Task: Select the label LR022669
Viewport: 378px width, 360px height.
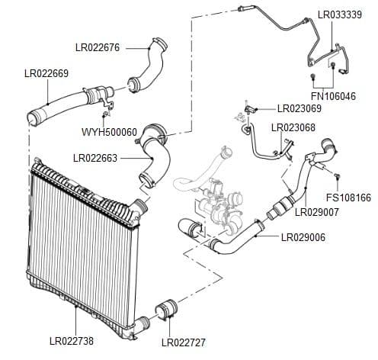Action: tap(47, 73)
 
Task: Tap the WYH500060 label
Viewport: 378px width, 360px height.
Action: tap(109, 132)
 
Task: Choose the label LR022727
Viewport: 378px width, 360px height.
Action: tap(184, 342)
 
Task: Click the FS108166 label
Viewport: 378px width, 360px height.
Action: tap(353, 198)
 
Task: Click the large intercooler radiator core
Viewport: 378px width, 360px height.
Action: tap(76, 244)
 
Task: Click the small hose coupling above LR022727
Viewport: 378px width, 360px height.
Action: tap(166, 313)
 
